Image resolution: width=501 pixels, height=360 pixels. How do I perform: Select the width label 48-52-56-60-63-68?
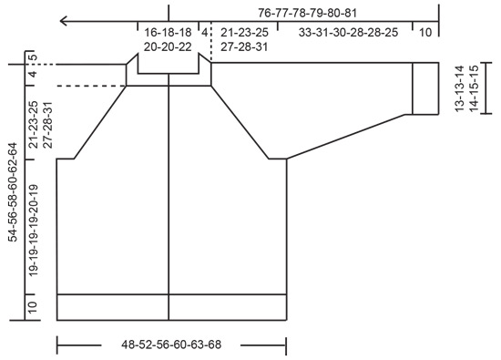171,346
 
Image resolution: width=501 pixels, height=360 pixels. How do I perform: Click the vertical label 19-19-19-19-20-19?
33,231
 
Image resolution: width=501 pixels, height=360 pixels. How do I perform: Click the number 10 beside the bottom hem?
33,307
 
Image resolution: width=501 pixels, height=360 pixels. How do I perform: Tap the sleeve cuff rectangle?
425,88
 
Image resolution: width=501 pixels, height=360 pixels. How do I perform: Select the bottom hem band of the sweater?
171,307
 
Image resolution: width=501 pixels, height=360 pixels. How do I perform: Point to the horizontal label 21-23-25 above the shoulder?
244,32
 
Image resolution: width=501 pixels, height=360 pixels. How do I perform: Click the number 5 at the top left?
33,59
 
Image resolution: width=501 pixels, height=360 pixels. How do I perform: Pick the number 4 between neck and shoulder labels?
206,32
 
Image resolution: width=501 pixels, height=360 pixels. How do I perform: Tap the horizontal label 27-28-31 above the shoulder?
244,46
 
